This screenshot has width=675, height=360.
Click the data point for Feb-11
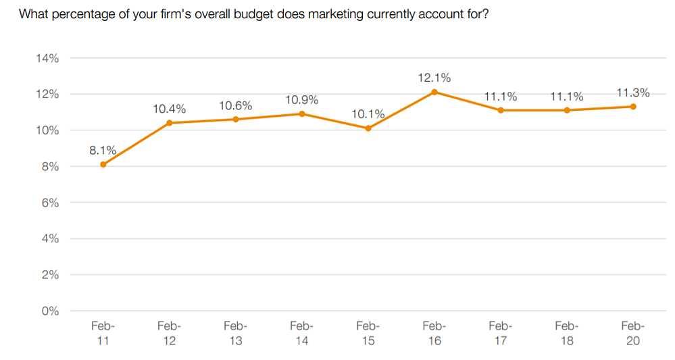click(x=103, y=164)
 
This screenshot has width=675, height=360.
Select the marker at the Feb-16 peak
click(x=434, y=92)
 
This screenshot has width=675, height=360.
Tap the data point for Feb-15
click(x=368, y=128)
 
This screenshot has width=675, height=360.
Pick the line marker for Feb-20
click(x=633, y=107)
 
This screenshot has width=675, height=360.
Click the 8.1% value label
click(x=103, y=150)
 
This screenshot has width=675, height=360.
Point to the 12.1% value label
click(x=434, y=78)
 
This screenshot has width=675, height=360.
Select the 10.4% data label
click(x=169, y=109)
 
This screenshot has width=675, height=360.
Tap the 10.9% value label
click(x=302, y=100)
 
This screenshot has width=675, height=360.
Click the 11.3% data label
click(x=633, y=93)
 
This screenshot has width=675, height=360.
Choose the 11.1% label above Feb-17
click(x=500, y=97)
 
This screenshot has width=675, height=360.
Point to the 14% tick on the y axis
click(x=47, y=58)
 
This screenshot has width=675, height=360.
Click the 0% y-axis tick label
click(x=50, y=311)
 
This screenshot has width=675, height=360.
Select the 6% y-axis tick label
click(x=50, y=203)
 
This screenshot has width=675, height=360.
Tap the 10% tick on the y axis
click(x=47, y=130)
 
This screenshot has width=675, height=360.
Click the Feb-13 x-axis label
click(x=236, y=334)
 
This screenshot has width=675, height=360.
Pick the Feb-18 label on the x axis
click(x=566, y=334)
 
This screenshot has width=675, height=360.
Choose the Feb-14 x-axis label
click(x=302, y=334)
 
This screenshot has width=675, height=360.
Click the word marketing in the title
click(x=336, y=14)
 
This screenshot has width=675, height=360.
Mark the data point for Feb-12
click(x=169, y=123)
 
